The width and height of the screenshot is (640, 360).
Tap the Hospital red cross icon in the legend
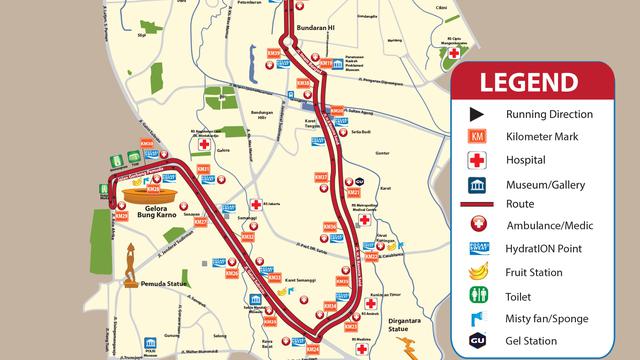[x=478, y=160]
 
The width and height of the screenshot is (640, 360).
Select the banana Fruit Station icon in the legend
[x=478, y=272]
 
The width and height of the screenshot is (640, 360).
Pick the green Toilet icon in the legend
[x=478, y=294]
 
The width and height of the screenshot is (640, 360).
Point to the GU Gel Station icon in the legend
[x=478, y=340]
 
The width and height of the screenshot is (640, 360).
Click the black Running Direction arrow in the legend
[x=478, y=114]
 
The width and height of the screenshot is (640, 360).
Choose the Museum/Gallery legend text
[x=544, y=184]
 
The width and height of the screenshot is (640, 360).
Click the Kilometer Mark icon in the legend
[x=478, y=137]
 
